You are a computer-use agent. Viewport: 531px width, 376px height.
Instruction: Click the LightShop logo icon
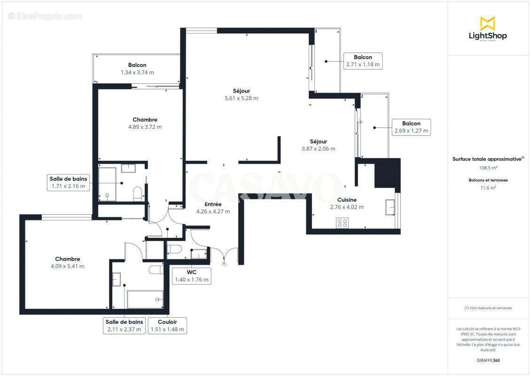(487, 23)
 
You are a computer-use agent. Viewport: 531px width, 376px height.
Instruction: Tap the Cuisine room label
(347, 200)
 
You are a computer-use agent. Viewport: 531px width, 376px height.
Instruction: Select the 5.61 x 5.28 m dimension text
(241, 98)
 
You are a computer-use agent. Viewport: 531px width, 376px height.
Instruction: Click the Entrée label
(212, 204)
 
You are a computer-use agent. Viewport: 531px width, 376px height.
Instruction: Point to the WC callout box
(191, 276)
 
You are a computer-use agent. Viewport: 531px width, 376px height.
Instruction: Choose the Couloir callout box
(168, 325)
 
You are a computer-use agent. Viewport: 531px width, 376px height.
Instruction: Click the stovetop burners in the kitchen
(342, 223)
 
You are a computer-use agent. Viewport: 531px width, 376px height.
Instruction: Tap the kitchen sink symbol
(390, 206)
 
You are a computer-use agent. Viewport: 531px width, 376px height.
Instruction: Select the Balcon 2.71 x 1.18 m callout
(363, 61)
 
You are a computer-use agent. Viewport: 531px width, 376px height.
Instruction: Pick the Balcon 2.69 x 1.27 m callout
(411, 127)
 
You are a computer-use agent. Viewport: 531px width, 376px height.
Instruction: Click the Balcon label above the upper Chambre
(137, 65)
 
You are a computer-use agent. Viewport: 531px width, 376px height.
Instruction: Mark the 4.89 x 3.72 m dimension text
(145, 127)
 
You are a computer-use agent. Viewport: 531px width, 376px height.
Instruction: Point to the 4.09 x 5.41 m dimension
(68, 266)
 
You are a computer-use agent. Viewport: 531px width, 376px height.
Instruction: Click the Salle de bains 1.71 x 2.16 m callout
(69, 182)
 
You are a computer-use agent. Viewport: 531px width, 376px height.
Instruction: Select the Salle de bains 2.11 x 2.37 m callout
(124, 325)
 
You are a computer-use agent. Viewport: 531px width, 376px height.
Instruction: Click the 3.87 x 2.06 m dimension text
(318, 149)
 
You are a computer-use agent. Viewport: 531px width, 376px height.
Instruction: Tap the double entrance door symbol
(224, 256)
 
